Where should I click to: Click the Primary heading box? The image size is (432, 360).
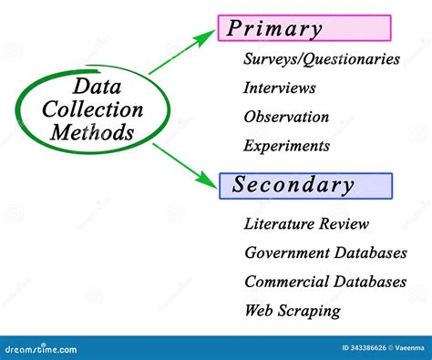[x=304, y=28]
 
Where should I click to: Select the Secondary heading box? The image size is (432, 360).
[x=304, y=186]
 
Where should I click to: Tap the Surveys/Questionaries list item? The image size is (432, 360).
[x=322, y=59]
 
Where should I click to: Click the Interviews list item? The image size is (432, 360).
[x=280, y=88]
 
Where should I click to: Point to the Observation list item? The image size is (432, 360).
[x=286, y=117]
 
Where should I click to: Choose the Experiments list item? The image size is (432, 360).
[x=286, y=146]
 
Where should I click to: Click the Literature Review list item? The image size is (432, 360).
[x=306, y=223]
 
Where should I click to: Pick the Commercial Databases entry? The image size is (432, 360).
[x=325, y=282]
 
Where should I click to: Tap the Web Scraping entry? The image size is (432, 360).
[x=293, y=311]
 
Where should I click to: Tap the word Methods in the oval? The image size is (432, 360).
[x=92, y=133]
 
